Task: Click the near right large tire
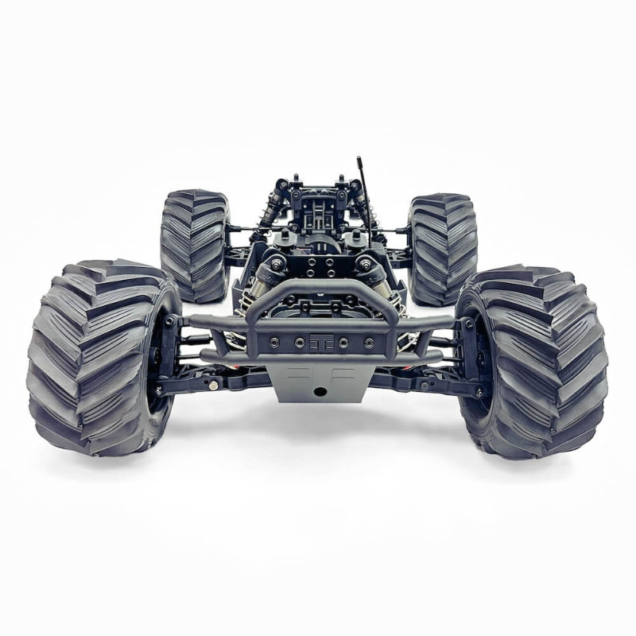(x=534, y=362)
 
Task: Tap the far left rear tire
(x=195, y=245)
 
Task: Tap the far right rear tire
(x=443, y=248)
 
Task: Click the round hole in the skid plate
(x=320, y=391)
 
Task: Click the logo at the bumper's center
(x=320, y=343)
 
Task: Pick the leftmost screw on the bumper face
(x=273, y=343)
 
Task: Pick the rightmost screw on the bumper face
(x=368, y=343)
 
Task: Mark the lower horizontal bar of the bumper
(x=318, y=359)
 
